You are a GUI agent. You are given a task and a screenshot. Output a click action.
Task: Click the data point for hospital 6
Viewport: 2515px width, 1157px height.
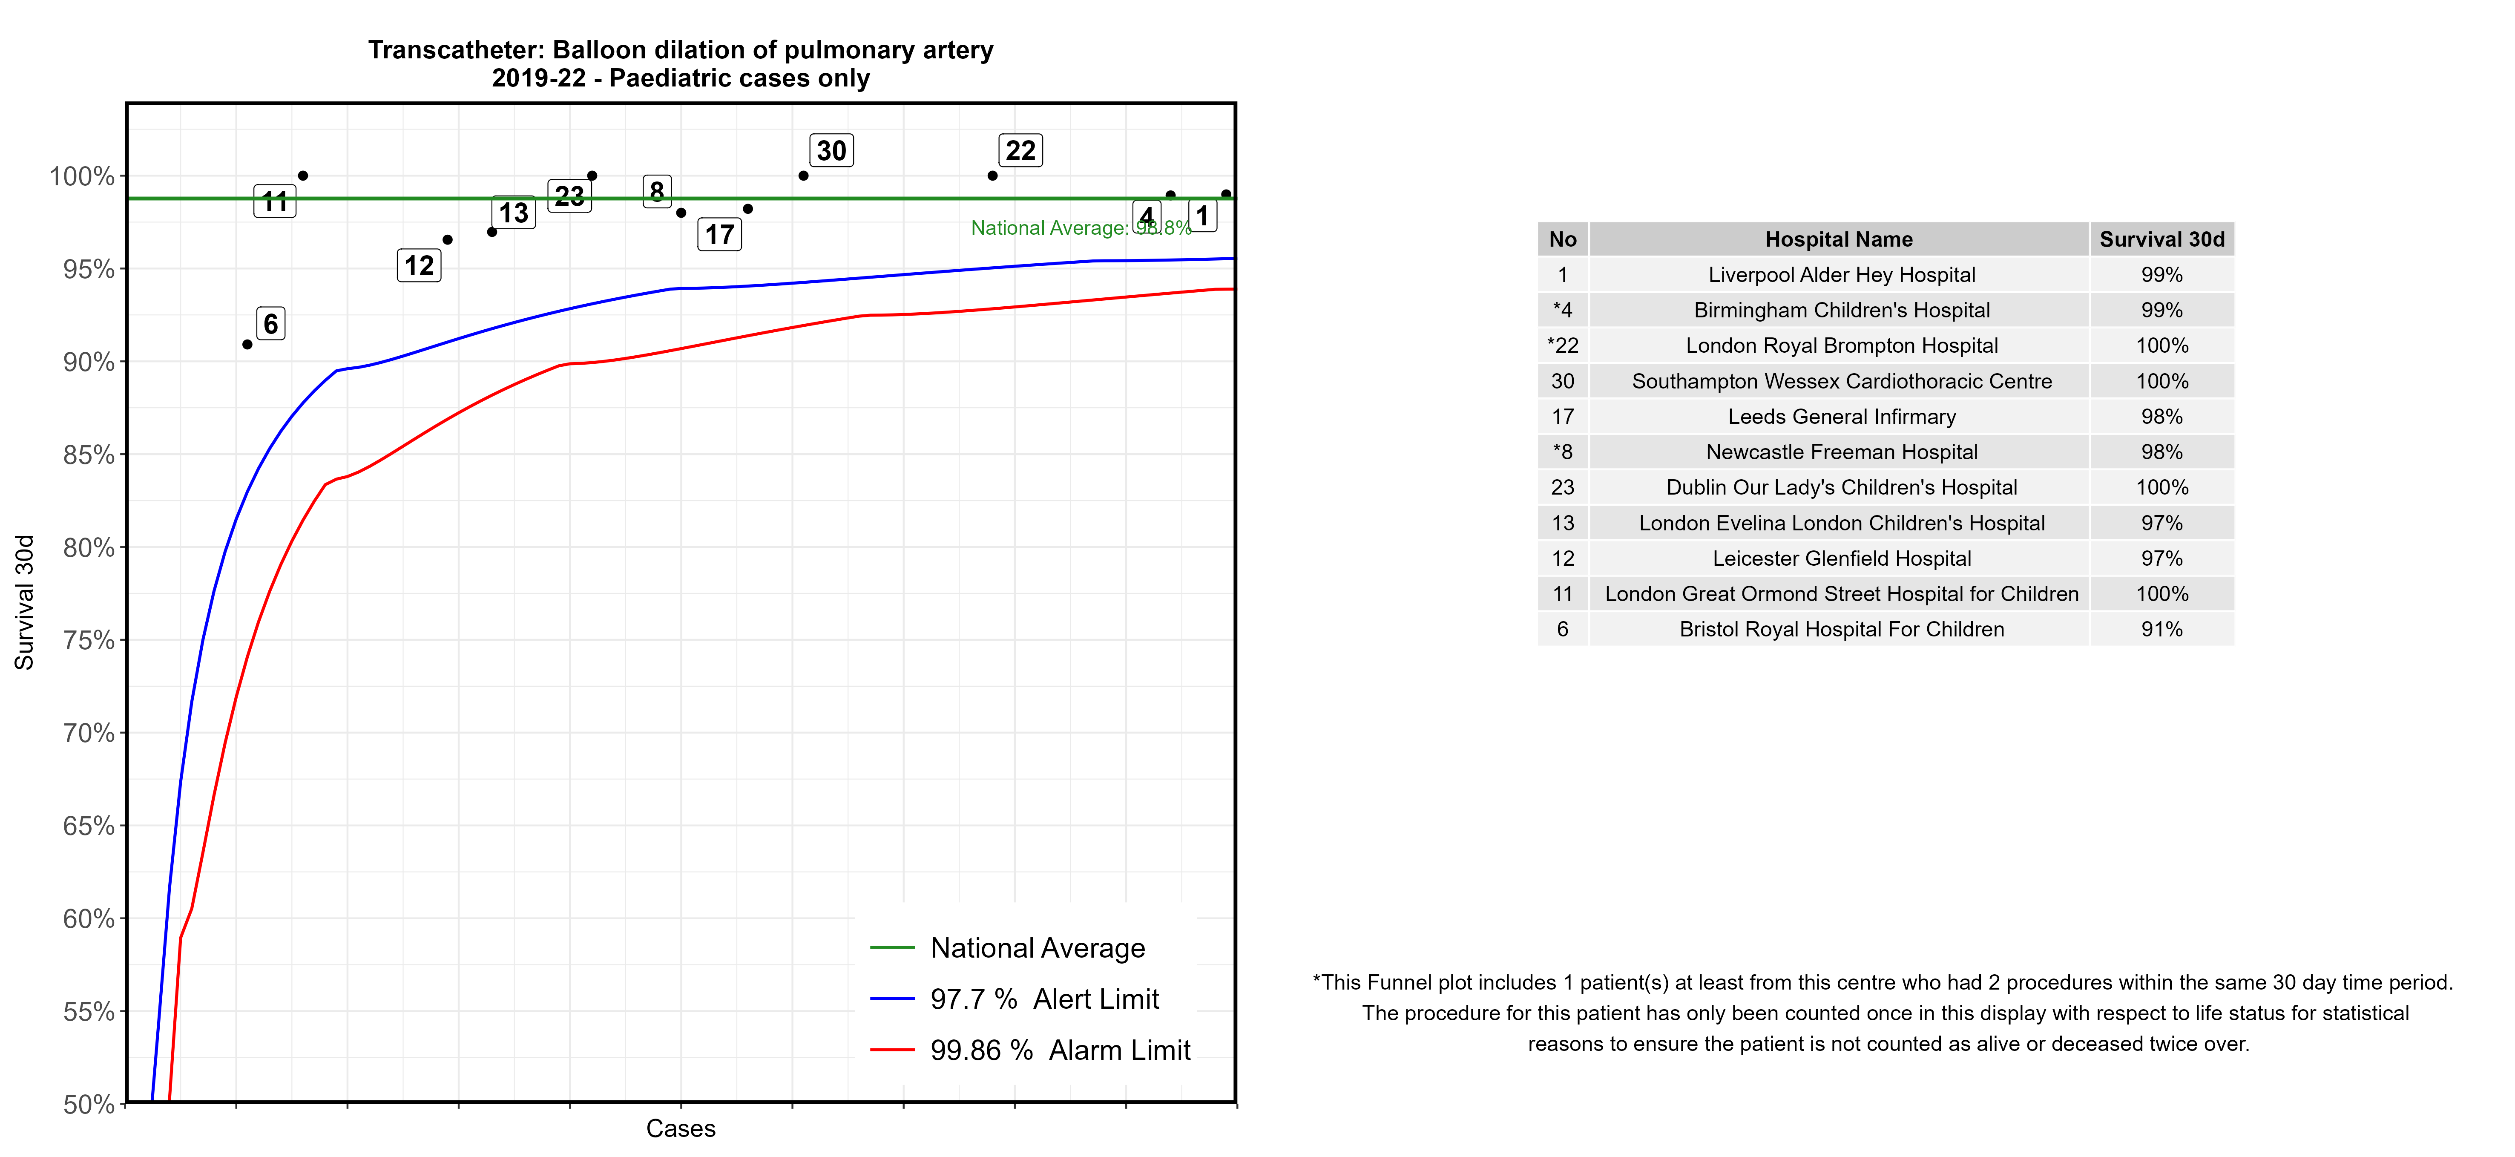tap(247, 345)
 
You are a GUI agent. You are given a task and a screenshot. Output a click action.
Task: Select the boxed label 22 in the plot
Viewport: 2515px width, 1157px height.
tap(1020, 150)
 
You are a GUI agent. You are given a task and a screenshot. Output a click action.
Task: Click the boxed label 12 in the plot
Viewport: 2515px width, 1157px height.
tap(419, 265)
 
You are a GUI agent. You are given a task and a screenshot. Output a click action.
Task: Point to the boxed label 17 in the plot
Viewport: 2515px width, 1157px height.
tap(719, 234)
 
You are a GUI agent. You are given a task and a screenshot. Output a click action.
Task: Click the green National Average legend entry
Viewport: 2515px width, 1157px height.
tap(1037, 948)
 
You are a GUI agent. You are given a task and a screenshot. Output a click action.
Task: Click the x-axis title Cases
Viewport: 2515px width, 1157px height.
tap(681, 1129)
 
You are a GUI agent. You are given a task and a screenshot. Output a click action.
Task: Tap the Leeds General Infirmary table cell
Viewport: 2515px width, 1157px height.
tap(1841, 417)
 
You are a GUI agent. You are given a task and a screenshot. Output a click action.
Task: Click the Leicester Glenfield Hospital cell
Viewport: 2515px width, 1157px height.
tap(1841, 558)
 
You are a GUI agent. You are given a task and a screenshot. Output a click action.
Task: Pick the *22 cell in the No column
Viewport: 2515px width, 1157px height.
tap(1562, 345)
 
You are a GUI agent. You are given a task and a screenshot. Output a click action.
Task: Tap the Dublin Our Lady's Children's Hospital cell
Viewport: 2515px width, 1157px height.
tap(1841, 487)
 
